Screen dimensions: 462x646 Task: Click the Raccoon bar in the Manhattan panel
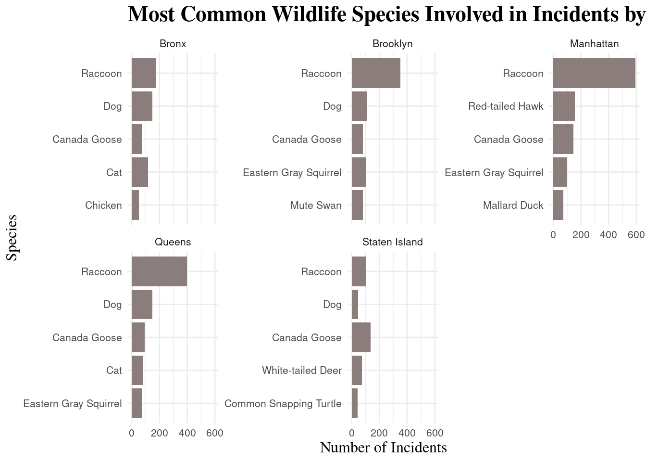[594, 73]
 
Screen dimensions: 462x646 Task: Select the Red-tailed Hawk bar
[564, 106]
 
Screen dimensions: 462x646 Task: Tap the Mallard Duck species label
[513, 205]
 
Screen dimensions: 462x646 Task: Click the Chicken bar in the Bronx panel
[136, 205]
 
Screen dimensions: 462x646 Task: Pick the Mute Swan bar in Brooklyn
[357, 205]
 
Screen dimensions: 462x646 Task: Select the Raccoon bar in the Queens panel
[159, 271]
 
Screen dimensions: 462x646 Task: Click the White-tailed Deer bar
[357, 371]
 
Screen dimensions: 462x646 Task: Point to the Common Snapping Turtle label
[283, 404]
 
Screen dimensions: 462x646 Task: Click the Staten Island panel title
[392, 242]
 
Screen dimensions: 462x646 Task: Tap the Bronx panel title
[173, 44]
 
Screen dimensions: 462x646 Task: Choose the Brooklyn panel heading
[392, 44]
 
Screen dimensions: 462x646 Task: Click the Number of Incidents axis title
[383, 448]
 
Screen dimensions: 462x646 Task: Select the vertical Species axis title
[12, 238]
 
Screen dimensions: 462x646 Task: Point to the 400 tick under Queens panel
[187, 433]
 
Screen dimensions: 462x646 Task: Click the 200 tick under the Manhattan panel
[581, 235]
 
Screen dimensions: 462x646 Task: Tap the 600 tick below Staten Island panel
[435, 433]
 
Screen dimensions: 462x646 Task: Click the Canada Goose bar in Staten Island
[361, 337]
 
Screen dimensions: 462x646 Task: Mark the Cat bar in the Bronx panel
[140, 172]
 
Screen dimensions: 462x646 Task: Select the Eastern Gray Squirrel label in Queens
[73, 404]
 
